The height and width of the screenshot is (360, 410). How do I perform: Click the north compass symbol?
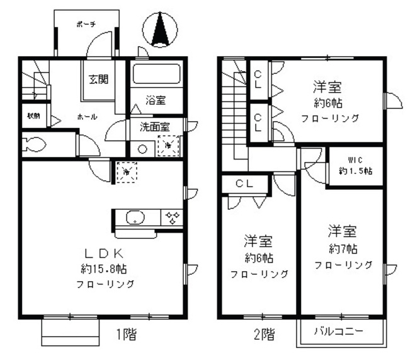pos(160,30)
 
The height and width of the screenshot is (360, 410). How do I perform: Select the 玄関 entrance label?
pos(98,79)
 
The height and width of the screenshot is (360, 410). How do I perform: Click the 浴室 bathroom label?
pos(156,100)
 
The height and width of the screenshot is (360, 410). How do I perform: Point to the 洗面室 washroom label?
pos(154,125)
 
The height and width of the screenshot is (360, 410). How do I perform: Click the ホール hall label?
pos(87,117)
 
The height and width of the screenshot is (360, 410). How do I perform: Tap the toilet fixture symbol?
pos(35,144)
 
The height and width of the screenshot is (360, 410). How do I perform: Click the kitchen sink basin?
pos(135,218)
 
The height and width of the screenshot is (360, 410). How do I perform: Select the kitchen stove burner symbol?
pos(172,218)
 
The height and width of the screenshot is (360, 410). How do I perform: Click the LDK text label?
pos(103,253)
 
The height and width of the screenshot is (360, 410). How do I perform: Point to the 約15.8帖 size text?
pos(105,268)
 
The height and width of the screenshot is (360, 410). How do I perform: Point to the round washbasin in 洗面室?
pos(142,149)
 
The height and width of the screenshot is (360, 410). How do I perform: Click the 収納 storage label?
pos(33,116)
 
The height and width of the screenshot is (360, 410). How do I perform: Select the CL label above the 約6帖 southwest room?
pos(245,183)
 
